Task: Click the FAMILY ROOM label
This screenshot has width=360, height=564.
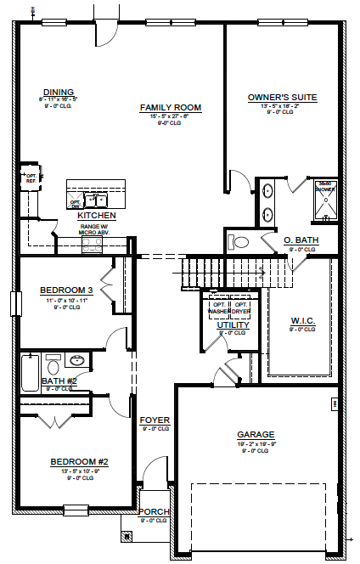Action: point(170,108)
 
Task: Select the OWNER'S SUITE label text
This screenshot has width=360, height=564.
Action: point(282,98)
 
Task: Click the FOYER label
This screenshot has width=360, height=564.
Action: point(155,420)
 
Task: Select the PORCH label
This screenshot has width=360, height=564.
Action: point(154,511)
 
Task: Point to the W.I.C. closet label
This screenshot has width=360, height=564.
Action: point(302,321)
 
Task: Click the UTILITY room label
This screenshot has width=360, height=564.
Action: point(232,324)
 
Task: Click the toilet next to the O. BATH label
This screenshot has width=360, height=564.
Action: point(239,242)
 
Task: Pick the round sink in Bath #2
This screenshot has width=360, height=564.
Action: point(77,359)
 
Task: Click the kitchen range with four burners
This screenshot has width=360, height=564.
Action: point(91,243)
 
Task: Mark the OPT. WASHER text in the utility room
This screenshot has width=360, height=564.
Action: point(218,308)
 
